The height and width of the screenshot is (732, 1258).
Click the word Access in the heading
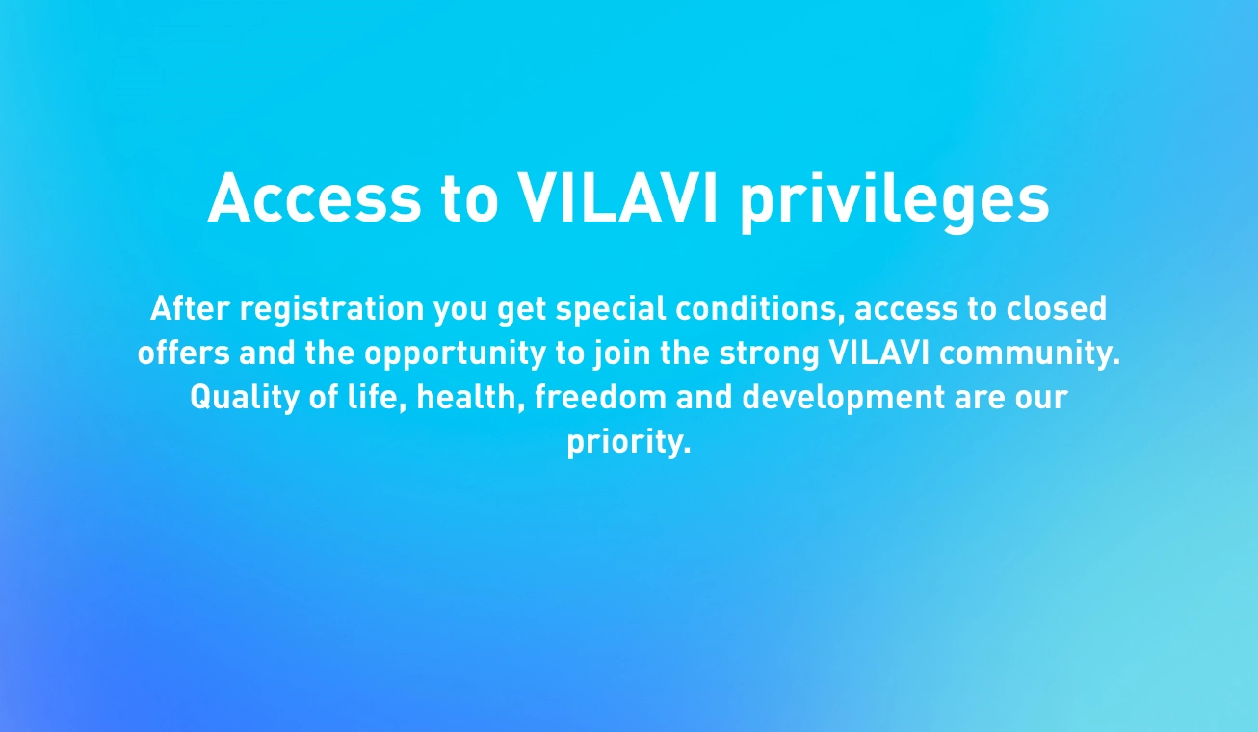pos(314,198)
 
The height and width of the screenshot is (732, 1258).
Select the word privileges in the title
pos(895,201)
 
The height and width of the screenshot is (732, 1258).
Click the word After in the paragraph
pos(190,308)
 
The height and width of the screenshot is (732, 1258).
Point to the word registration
pos(332,310)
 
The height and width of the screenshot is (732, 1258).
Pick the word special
pos(611,310)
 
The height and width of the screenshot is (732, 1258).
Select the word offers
pos(184,353)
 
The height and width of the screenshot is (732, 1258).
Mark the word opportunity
pos(455,354)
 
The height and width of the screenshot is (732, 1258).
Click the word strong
pos(770,354)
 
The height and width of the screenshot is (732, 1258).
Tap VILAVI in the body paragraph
pos(878,353)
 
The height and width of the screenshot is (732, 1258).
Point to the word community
pos(1030,354)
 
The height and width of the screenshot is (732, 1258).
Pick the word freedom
pos(600,397)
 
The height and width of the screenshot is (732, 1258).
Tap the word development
pos(844,399)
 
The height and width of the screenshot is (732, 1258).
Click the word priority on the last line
pos(628,443)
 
